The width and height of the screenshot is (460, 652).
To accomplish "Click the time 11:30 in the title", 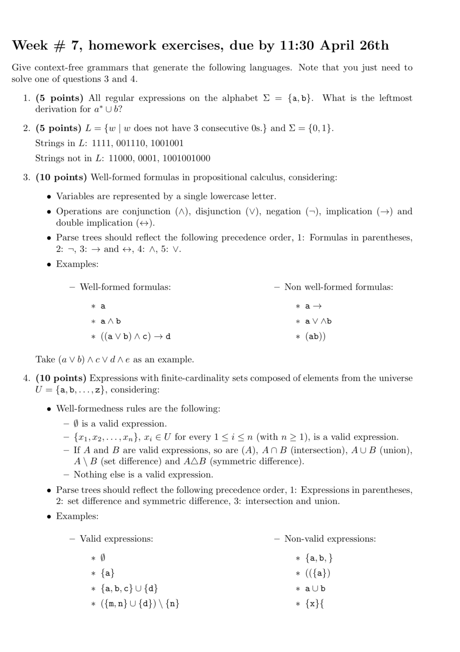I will (296, 46).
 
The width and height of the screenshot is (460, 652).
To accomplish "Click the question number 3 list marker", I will (26, 178).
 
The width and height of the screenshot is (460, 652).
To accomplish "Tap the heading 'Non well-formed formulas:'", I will (338, 287).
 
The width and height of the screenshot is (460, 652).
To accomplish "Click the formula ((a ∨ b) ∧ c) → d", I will (135, 337).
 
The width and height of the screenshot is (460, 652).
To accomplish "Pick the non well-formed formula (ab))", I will (315, 337).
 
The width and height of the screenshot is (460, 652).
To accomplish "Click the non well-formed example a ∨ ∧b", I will (318, 321).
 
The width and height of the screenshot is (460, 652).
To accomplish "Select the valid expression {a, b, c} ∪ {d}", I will (129, 589).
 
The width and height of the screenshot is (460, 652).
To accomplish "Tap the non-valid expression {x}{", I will (315, 604).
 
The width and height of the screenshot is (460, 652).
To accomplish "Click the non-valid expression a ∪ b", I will (315, 589).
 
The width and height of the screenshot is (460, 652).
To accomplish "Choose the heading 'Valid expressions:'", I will (116, 539).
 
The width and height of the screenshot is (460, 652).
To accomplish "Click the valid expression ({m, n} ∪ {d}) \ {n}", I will (140, 604).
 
